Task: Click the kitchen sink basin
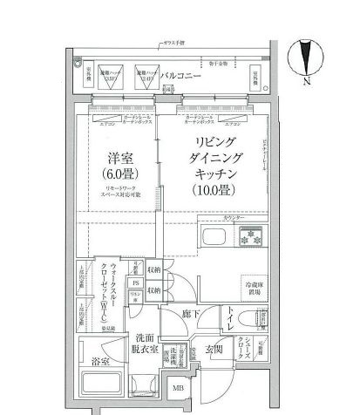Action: click(x=214, y=238)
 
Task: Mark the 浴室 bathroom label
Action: click(x=101, y=359)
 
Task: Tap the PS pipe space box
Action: click(x=135, y=283)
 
